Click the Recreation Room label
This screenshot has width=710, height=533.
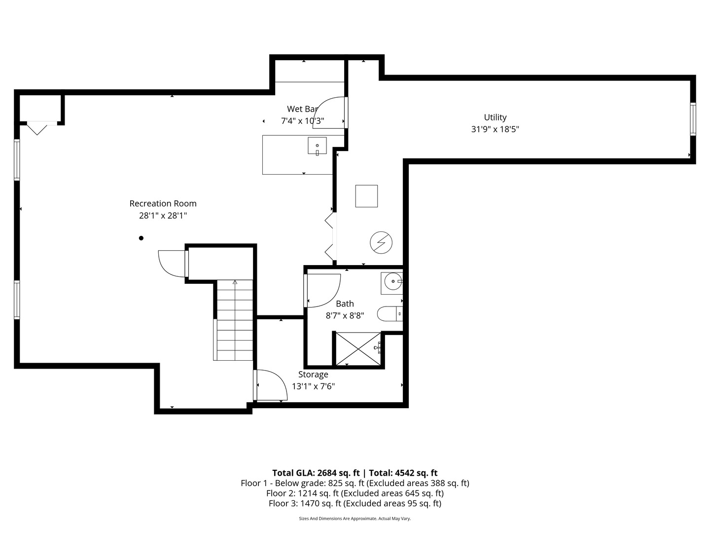pos(163,203)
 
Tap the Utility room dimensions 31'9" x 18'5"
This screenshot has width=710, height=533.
pos(495,129)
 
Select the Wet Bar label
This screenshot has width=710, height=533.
pos(302,109)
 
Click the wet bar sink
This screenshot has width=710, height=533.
pos(317,146)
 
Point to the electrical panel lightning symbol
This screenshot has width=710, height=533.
pos(381,242)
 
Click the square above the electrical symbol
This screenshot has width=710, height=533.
pos(366,196)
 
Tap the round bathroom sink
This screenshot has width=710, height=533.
pos(392,282)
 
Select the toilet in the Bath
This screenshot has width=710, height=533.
pos(390,313)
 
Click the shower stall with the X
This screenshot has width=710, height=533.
pos(358,349)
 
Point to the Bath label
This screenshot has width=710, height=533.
pos(345,304)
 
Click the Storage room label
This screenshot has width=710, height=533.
pos(313,375)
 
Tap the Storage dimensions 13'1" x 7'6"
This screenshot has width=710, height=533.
pos(313,386)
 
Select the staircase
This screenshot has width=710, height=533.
pos(235,320)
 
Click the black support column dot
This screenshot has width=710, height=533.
pos(141,238)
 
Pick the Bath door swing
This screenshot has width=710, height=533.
pos(323,290)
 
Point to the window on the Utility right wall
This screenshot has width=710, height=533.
pos(693,118)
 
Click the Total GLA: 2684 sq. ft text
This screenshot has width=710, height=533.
pos(316,473)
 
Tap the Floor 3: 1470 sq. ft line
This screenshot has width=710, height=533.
pos(355,503)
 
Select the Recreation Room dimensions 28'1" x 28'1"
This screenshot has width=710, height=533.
pos(163,216)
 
